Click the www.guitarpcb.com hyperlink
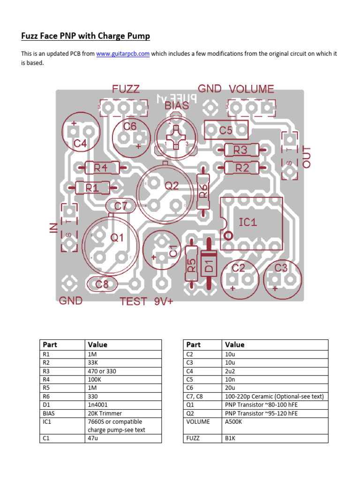[123, 54]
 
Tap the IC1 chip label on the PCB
[248, 222]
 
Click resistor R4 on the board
[100, 167]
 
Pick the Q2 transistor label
[172, 186]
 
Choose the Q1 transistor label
[117, 238]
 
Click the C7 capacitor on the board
[120, 206]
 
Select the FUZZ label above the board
[126, 89]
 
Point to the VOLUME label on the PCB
[251, 89]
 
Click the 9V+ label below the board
[164, 302]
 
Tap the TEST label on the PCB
[134, 302]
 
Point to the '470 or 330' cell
[102, 371]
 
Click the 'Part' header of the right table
[193, 345]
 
